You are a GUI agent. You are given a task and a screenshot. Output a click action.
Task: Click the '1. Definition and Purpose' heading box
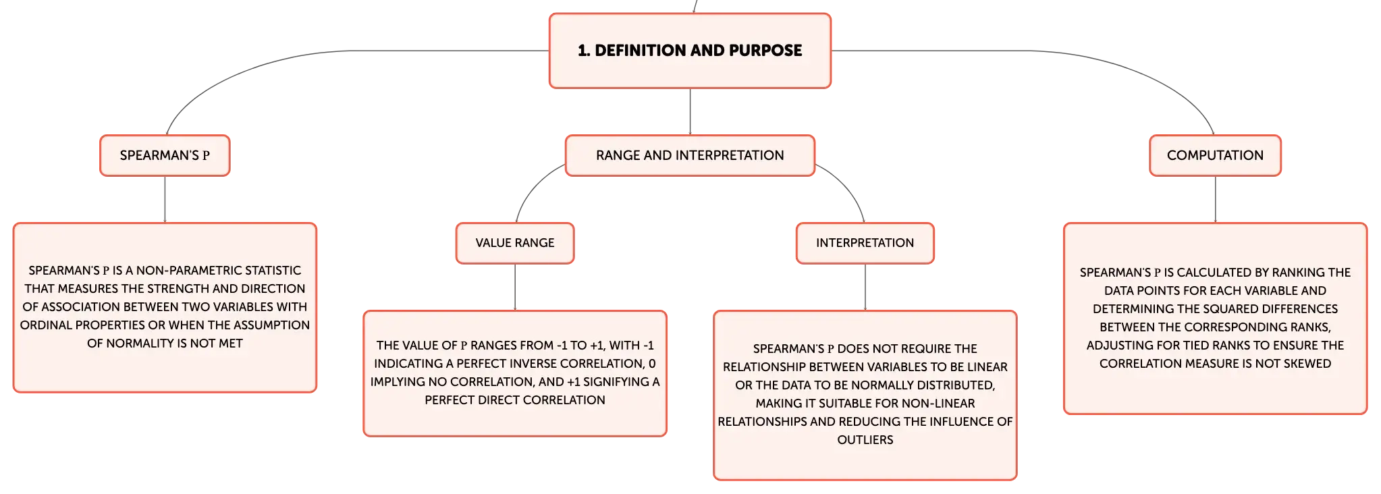[x=690, y=51]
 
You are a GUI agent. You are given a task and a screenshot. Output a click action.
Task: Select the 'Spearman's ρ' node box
[x=165, y=155]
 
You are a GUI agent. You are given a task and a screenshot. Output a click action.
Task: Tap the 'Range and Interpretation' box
[x=690, y=155]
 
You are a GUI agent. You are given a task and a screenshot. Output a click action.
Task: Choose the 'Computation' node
[x=1215, y=155]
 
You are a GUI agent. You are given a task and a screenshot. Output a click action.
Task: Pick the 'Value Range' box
[x=515, y=243]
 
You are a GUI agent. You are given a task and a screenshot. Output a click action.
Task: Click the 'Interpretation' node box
[x=865, y=243]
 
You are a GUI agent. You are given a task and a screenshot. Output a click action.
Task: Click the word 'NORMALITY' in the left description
[x=136, y=344]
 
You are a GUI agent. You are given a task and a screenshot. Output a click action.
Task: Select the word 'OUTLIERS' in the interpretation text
[x=865, y=440]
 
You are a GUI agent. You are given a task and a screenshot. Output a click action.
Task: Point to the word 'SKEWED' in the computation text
[x=1308, y=364]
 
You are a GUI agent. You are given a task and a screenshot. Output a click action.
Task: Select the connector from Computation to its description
[x=1215, y=200]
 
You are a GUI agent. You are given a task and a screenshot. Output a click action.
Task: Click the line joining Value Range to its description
[x=515, y=287]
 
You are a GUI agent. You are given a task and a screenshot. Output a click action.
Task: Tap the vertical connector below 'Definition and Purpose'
[x=690, y=111]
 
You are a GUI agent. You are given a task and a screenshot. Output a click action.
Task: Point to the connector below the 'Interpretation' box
[x=865, y=287]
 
